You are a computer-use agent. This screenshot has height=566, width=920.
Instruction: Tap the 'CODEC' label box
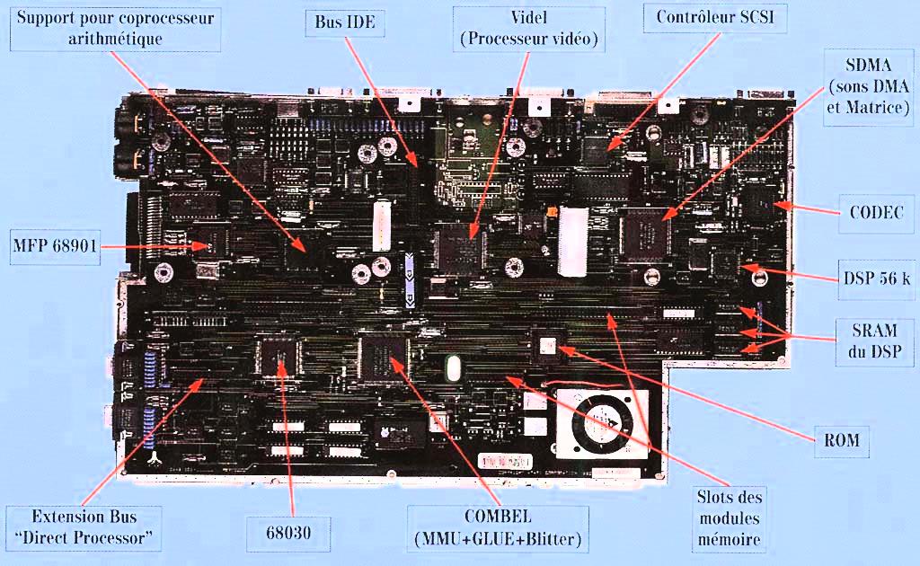pos(876,213)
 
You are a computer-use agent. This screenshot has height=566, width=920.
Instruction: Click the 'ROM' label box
pos(841,440)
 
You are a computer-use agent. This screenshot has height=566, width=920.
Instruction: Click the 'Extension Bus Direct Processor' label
pos(84,528)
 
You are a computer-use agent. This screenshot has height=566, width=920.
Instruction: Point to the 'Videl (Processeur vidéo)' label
pos(528,29)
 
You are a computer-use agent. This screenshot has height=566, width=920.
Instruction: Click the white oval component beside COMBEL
pos(453,369)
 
